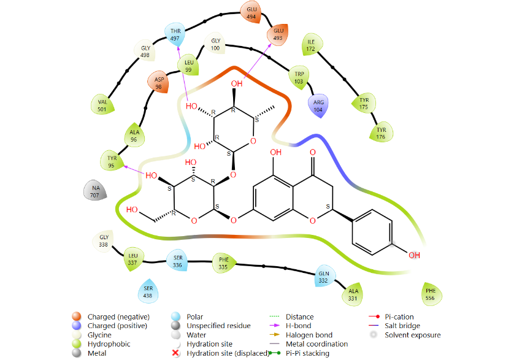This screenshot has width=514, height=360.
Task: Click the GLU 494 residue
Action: pos(251,12)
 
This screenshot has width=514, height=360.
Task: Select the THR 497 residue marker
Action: pos(175,34)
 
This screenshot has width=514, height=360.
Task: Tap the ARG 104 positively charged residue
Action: pos(318,106)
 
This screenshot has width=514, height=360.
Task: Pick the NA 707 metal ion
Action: pos(95,191)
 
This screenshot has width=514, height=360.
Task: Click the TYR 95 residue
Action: pos(112,161)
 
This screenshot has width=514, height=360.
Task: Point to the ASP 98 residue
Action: pos(159,83)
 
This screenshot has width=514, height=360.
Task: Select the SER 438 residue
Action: pos(148,291)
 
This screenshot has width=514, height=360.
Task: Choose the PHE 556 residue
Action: pos(431,294)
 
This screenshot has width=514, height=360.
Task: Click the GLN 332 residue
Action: pos(324,277)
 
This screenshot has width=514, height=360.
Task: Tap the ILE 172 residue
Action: pos(312,45)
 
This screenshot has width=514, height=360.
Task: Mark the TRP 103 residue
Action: pos(299,77)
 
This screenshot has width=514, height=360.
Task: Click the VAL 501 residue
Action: pos(102,105)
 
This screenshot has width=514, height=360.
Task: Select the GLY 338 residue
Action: pos(103,240)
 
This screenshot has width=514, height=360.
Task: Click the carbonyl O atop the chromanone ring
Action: pos(313,153)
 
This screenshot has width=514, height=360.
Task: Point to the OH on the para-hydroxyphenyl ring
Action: pos(415,255)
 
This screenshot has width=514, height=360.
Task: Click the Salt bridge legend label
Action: pos(402,326)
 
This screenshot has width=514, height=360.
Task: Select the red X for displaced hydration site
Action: pos(175,353)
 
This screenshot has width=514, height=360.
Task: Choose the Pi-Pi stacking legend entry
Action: pos(307,353)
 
